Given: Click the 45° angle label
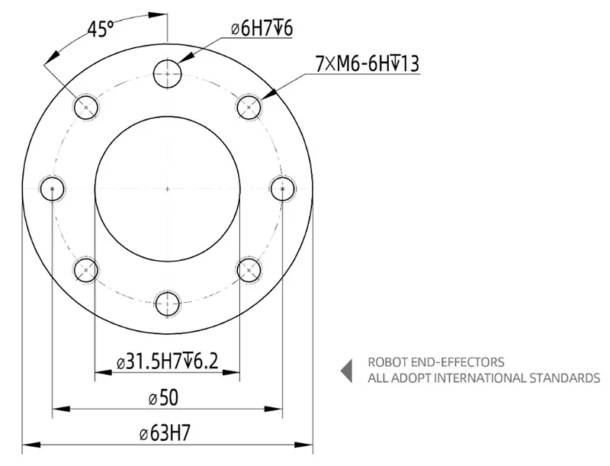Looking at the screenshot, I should [x=100, y=30].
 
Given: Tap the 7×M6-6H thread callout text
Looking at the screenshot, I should [x=367, y=64].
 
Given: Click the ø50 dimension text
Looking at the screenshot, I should [x=167, y=397].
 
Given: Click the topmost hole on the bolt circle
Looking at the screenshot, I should [x=167, y=74].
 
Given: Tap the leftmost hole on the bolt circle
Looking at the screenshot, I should [x=52, y=188].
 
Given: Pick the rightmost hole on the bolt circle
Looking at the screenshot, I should [x=282, y=188].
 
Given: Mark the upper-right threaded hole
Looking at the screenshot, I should [x=248, y=107].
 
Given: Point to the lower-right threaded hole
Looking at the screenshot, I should [x=248, y=269].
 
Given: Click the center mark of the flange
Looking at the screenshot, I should [x=167, y=188].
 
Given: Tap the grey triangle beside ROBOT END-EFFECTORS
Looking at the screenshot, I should [x=346, y=370].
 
